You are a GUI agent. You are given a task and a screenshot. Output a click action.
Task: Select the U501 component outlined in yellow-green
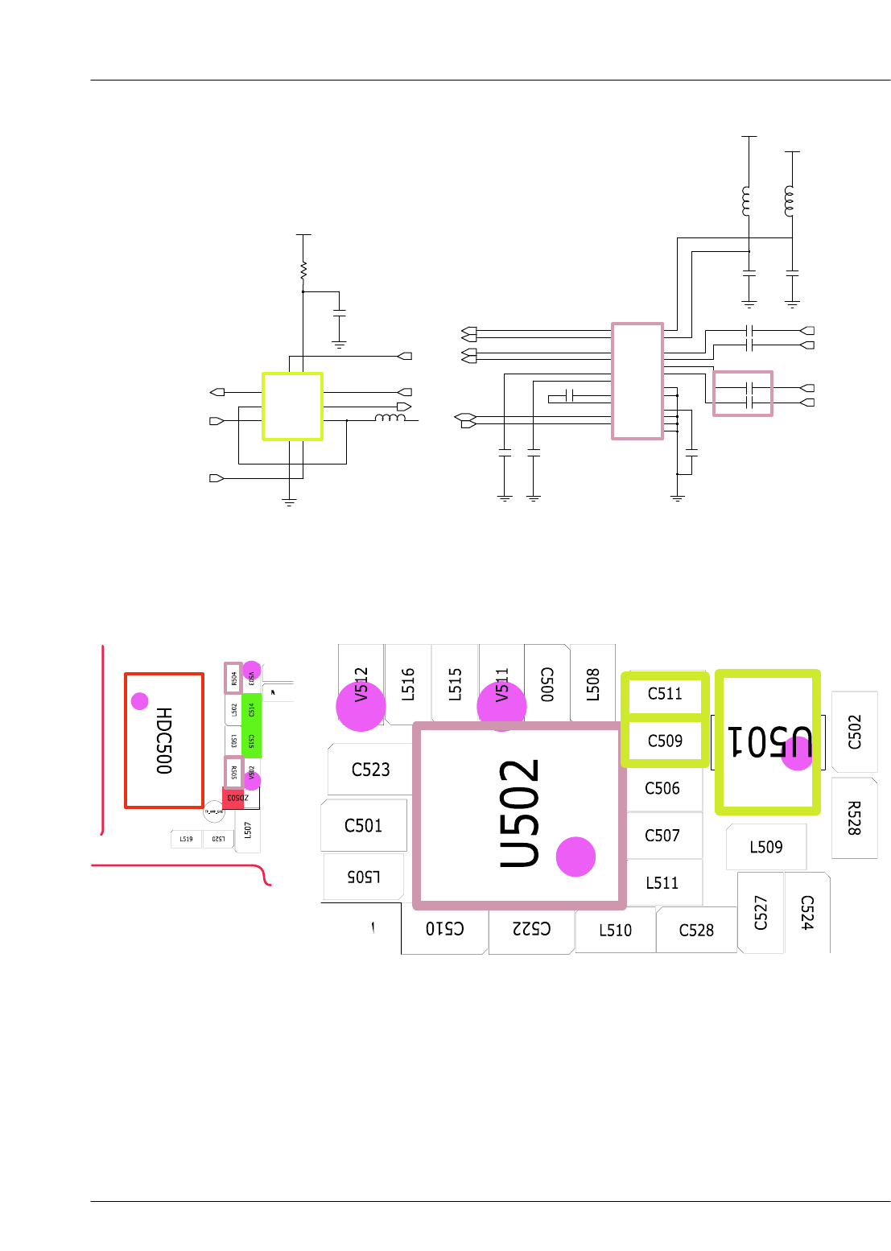coord(767,741)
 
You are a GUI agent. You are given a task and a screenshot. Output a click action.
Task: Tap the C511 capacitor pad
coord(665,694)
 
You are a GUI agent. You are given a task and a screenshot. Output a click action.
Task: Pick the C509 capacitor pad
coord(665,741)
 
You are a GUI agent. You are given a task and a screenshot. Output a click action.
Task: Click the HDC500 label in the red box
coord(164,741)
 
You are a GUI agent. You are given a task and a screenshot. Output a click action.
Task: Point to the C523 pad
coord(370,770)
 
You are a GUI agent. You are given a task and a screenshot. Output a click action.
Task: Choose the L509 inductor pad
coord(765,847)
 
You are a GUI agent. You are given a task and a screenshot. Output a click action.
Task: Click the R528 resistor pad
coord(854,818)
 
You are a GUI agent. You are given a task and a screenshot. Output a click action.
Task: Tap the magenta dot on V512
coord(361,706)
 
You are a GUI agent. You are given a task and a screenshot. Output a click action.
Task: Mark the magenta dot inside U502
coord(575,857)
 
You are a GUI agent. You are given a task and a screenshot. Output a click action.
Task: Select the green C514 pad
coord(251,710)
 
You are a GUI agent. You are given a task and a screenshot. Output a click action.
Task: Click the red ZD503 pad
coord(233,799)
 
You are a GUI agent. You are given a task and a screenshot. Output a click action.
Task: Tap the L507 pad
coord(247,830)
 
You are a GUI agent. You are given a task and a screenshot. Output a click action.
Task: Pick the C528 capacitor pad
coord(696,931)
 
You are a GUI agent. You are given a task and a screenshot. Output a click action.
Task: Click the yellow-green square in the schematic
coord(292,406)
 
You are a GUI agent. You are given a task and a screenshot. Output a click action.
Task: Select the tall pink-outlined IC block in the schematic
coord(637,381)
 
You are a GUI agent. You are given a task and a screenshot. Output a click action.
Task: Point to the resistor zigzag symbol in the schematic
coord(303,272)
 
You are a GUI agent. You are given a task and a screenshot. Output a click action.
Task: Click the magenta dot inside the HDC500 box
coord(140,701)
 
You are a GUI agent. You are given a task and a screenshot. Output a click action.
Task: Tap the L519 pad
coord(186,839)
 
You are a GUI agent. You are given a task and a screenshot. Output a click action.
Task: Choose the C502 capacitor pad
coord(854,732)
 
